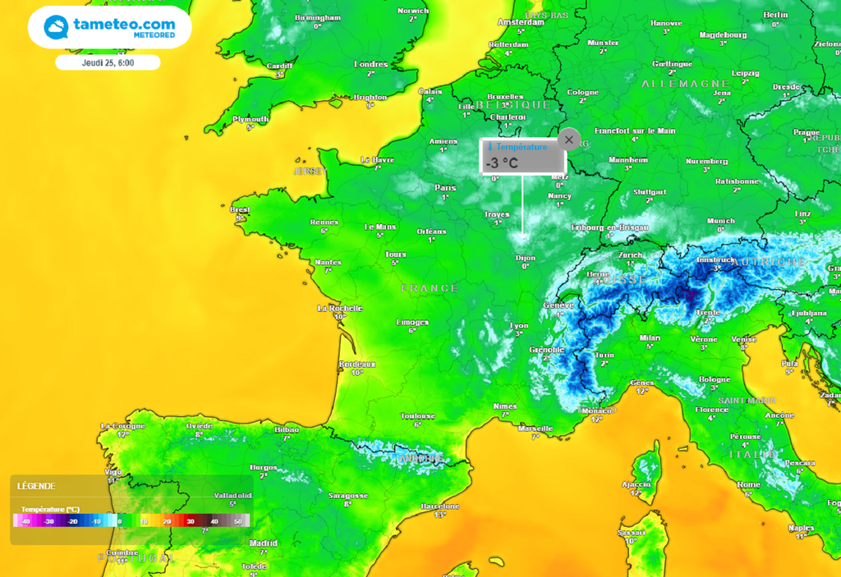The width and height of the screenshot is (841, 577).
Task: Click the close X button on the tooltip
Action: pos(569,140)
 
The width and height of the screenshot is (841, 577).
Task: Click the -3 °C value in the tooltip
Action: pos(502,163)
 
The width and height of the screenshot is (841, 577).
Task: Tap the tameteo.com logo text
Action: pos(124,25)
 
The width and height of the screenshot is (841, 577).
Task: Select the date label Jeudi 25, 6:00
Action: pos(108,62)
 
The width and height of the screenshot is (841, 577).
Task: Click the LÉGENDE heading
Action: pos(36,486)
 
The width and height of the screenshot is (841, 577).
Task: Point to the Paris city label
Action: pos(446,187)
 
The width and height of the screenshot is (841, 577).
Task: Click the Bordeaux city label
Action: pos(356,364)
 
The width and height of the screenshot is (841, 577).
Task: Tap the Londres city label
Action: pos(370,64)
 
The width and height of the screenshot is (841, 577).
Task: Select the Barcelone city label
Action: pos(439,506)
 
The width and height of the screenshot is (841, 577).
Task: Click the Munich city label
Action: pos(720,220)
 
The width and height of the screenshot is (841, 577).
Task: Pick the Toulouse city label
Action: pos(417,416)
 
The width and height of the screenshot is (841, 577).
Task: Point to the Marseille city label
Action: pos(535,428)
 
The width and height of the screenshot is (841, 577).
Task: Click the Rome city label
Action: pos(748,484)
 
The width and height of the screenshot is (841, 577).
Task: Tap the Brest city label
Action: pos(240,209)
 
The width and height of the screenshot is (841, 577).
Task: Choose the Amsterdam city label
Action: pos(521,22)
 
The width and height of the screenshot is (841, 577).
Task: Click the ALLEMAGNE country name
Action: pos(685,84)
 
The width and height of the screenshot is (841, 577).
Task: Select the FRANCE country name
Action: pos(430,288)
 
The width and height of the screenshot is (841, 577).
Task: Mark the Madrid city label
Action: pos(264,543)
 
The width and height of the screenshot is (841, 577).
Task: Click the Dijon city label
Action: pos(525,258)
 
